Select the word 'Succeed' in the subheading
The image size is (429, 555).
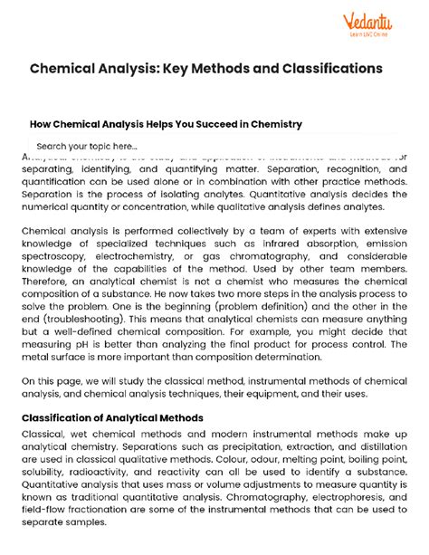tap(205, 123)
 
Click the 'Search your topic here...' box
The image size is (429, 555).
tap(87, 146)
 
